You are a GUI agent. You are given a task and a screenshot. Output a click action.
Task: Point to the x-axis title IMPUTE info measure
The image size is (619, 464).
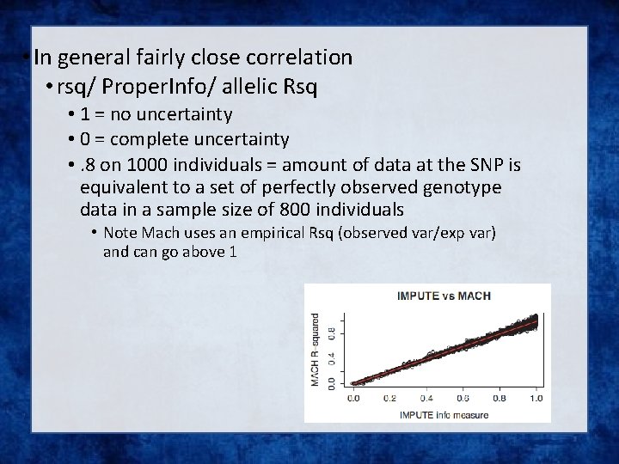pos(444,415)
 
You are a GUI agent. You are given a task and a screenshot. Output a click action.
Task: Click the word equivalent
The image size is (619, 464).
pos(120,186)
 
